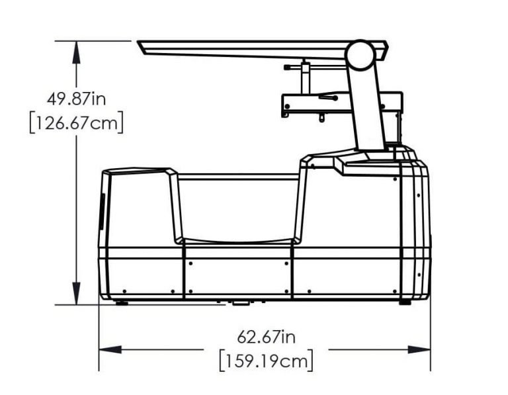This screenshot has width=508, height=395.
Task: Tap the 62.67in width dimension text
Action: coord(267,337)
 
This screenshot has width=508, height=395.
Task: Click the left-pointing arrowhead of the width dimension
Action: coord(108,349)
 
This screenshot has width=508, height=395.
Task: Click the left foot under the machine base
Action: coord(121,302)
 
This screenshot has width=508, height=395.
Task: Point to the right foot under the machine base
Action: coord(405,302)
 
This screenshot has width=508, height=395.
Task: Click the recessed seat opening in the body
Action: coord(238,208)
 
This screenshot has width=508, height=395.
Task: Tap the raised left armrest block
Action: coord(140,205)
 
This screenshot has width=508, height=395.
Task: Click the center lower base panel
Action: coord(238,275)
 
